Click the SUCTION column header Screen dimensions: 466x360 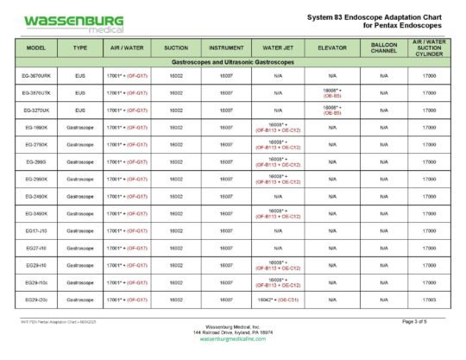176,47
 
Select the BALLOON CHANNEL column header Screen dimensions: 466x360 383,47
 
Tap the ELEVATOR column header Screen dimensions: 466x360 332,47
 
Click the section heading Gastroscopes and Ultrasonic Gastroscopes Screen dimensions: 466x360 233,64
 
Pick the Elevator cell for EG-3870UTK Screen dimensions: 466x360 332,93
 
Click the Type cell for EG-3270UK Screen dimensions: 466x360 80,111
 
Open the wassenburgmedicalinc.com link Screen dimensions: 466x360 233,338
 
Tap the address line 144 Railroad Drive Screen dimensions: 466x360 233,332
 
